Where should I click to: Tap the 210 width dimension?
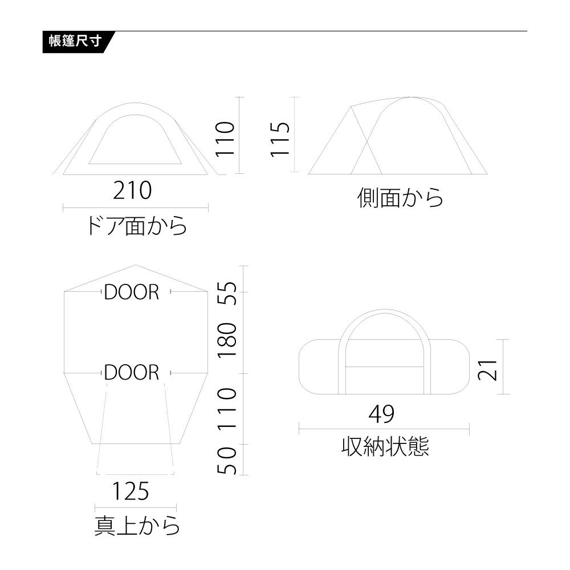132,190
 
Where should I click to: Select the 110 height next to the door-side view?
225,139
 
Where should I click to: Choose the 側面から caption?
400,198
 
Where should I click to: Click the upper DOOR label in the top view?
132,292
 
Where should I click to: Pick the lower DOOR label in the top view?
132,372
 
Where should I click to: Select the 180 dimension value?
227,340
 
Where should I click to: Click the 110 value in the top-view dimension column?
227,409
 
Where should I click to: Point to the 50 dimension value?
227,461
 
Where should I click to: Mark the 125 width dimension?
130,491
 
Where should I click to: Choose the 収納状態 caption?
385,446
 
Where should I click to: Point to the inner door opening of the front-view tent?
136,142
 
